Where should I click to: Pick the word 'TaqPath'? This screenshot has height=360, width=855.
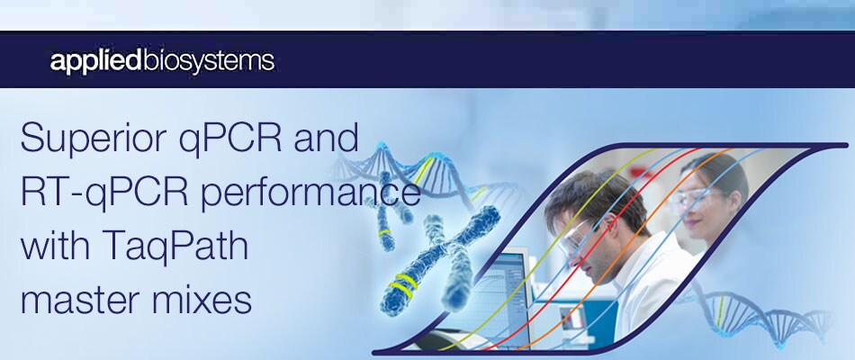(189, 246)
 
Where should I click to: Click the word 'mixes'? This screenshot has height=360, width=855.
(203, 298)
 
